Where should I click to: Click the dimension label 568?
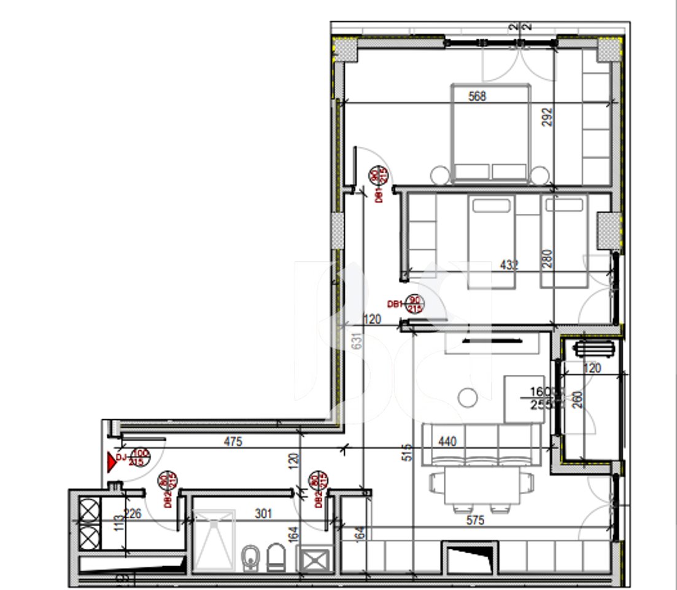477,96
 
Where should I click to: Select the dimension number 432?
509,265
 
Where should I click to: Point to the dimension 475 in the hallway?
233,441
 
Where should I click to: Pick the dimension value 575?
475,521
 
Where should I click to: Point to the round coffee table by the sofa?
468,398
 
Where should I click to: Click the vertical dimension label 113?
119,522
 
